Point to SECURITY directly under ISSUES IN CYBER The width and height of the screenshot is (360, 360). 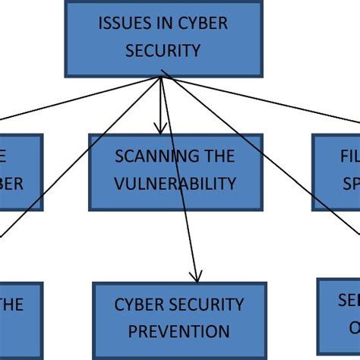pos(164,51)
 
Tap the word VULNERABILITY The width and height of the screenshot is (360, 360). pos(175,184)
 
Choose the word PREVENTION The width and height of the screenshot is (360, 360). pos(178,332)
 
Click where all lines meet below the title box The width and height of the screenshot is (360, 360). pos(162,77)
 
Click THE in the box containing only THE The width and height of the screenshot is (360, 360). pos(12,305)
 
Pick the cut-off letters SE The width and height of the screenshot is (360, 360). pos(349,301)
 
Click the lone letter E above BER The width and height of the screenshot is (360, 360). pos(5,157)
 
